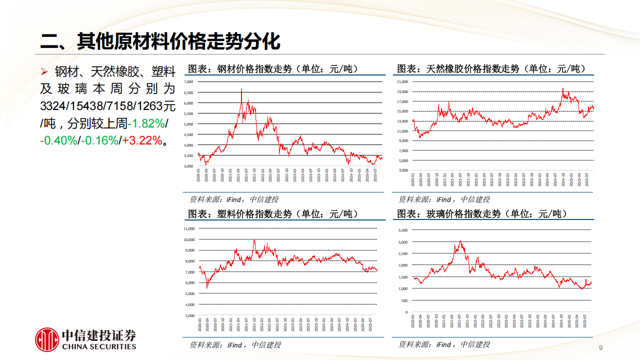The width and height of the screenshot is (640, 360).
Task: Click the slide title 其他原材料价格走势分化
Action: pos(160,41)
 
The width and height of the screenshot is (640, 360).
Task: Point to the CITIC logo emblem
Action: pos(47,339)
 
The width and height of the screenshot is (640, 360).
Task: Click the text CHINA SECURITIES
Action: pos(99,346)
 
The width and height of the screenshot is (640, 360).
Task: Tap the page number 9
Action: pos(600,348)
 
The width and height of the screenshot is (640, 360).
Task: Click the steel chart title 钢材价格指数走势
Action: pos(273,69)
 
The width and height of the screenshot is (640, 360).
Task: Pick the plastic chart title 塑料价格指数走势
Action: pos(273,214)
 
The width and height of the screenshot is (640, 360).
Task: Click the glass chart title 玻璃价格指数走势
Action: pos(482,214)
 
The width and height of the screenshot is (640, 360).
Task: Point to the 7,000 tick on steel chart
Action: pos(188,81)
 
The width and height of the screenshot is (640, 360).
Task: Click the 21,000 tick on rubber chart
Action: pos(402,81)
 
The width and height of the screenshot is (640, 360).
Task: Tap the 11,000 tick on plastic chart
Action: pos(188,228)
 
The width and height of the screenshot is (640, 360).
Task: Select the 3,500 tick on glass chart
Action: pos(403,230)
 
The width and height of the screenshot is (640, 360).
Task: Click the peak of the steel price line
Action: pos(241,90)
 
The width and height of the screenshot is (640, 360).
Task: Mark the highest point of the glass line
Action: pos(460,241)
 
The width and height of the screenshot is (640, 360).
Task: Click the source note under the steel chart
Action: pos(233,199)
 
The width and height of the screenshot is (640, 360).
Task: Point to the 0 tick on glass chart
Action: pos(406,312)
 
